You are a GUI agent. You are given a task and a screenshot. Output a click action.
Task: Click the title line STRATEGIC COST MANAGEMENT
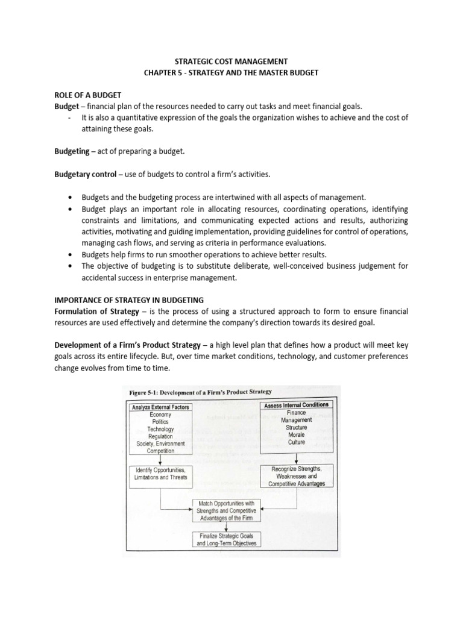pos(231,61)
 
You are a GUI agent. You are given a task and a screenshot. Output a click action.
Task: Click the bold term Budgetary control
pos(84,175)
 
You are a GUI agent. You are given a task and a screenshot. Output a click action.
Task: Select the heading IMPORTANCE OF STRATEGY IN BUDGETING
pos(129,299)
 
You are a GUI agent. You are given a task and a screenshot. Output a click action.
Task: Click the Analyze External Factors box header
pos(160,407)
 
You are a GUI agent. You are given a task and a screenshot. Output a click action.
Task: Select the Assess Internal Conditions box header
pos(296,406)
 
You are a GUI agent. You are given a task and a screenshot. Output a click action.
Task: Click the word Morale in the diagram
pos(296,434)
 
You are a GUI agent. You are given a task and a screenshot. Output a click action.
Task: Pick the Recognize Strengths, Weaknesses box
pos(295,476)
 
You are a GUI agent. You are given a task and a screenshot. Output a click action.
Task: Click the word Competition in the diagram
pos(160,451)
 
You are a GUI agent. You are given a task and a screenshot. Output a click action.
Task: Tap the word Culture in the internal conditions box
pos(296,442)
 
